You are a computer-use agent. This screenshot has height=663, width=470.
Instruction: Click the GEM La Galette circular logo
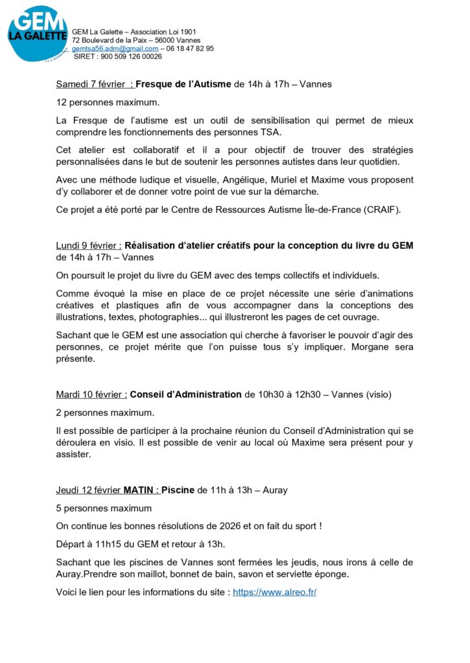click(37, 34)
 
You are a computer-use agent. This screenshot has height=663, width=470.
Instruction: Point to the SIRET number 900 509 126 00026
click(130, 57)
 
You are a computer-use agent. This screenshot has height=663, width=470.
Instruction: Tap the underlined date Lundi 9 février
click(88, 246)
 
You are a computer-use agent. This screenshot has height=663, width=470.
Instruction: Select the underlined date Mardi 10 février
click(91, 394)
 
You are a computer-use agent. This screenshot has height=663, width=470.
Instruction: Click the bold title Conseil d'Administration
click(186, 394)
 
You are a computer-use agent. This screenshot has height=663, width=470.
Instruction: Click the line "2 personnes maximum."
click(106, 412)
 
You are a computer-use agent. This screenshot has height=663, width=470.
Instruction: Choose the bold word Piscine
click(178, 490)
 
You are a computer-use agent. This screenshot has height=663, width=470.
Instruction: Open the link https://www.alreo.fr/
click(274, 592)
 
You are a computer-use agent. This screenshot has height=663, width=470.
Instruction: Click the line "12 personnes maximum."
click(108, 102)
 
